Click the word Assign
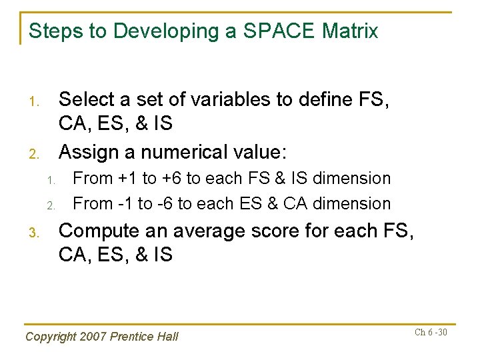tap(90, 152)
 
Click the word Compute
tap(101, 231)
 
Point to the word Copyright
tap(49, 337)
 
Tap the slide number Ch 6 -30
tap(431, 331)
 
